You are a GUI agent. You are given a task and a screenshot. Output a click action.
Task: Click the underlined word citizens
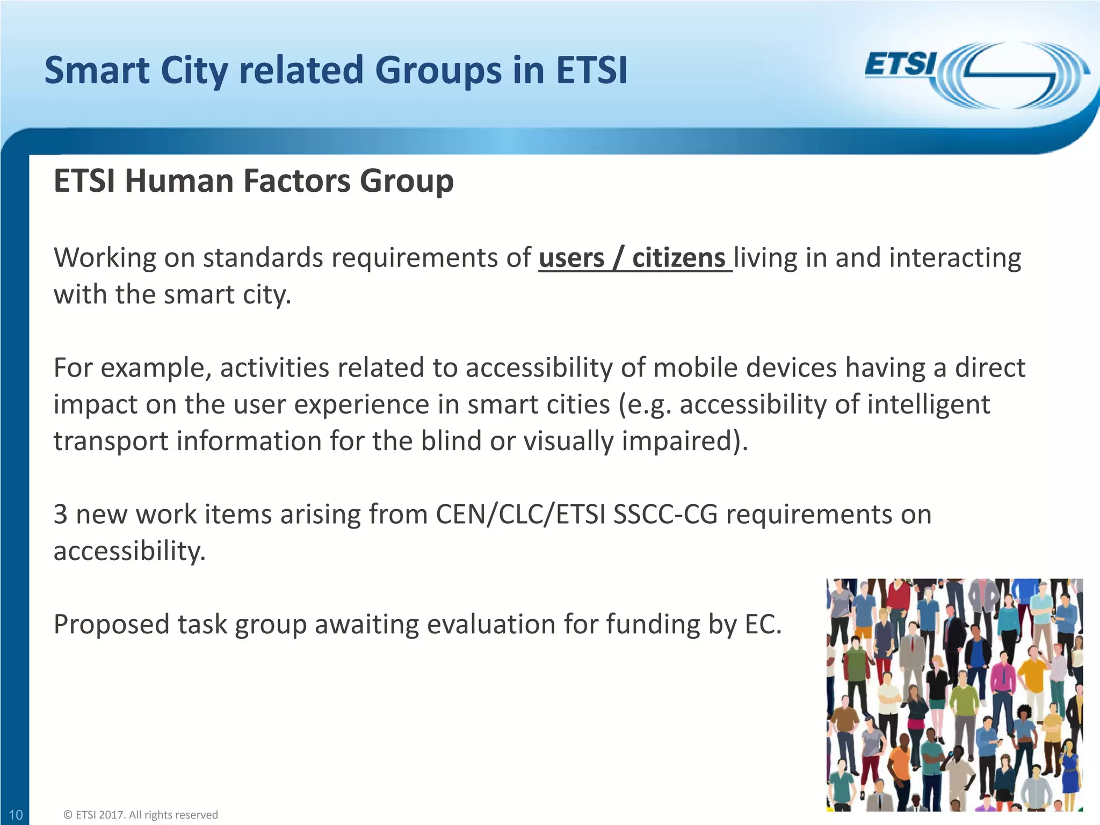678,258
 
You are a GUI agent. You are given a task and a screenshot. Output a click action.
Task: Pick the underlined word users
571,258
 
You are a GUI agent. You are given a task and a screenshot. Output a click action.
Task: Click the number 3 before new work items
61,515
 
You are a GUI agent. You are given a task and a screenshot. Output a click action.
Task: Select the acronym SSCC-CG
665,515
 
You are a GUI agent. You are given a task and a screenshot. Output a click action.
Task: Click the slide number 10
16,815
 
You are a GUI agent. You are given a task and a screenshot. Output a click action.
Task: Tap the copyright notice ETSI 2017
141,815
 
